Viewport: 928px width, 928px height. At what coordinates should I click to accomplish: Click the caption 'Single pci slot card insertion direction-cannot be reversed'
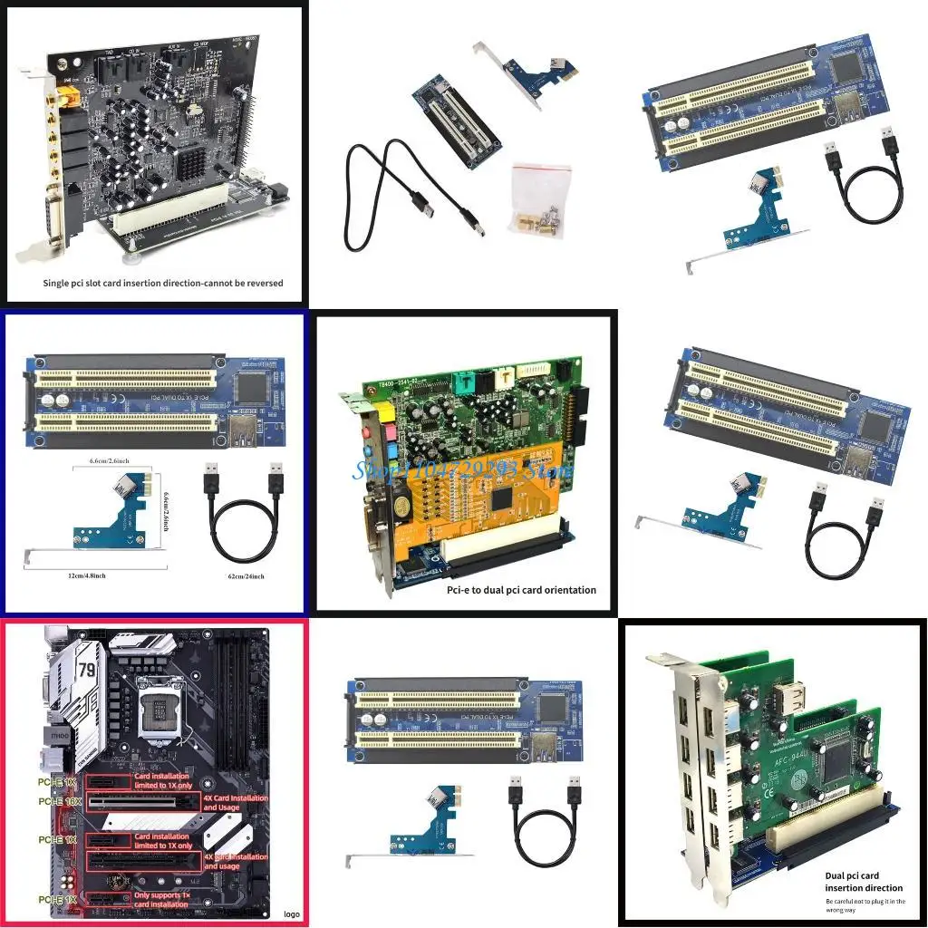point(163,283)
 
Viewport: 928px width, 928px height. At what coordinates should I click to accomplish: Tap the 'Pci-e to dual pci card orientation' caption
point(521,589)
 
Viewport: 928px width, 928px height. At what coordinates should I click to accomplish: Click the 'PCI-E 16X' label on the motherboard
point(61,802)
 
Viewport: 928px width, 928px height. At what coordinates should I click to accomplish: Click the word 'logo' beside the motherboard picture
point(291,913)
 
